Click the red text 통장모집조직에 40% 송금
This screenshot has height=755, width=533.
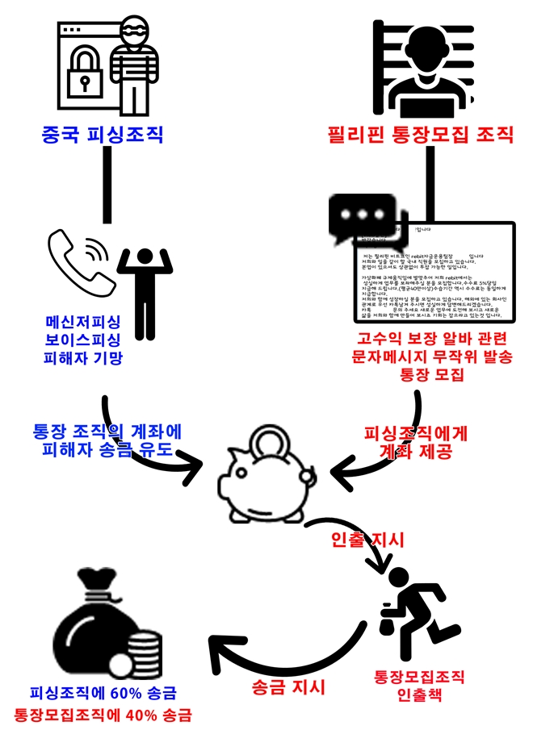pos(105,715)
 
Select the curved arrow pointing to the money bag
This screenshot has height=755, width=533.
pos(275,641)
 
